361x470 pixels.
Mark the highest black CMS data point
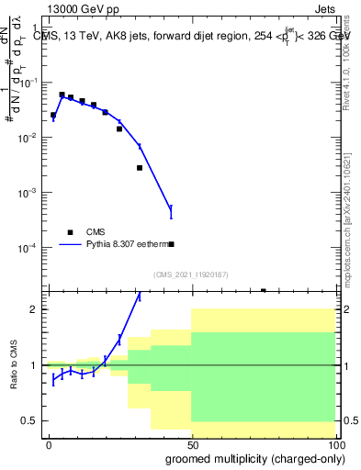[x=62, y=95]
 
